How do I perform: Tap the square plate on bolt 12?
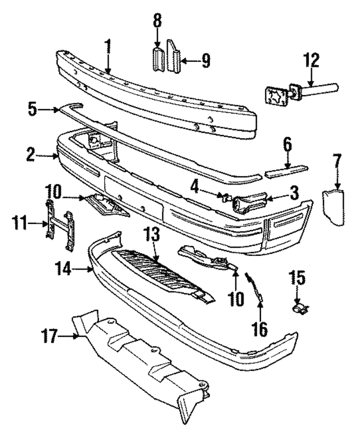(x=276, y=96)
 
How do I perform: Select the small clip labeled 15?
(x=299, y=307)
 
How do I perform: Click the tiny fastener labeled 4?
(x=224, y=197)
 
